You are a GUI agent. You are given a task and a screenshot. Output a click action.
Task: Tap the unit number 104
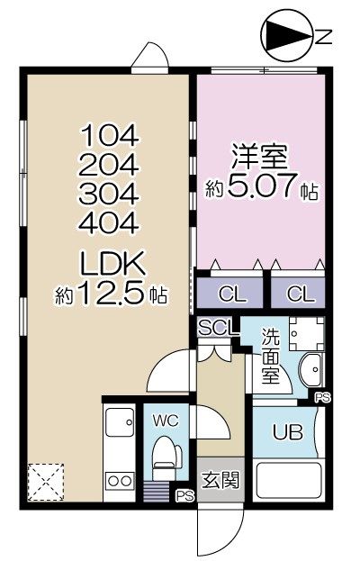pyautogui.click(x=111, y=137)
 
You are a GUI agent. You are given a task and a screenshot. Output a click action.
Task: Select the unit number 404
pyautogui.click(x=111, y=222)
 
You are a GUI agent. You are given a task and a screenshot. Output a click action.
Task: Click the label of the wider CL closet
pyautogui.click(x=229, y=294)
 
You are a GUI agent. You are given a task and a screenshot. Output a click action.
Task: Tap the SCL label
pyautogui.click(x=218, y=328)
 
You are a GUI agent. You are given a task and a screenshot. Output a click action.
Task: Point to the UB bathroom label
pyautogui.click(x=287, y=430)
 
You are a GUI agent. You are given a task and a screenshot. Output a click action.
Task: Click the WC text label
pyautogui.click(x=165, y=420)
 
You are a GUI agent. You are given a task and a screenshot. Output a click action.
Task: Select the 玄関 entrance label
pyautogui.click(x=220, y=479)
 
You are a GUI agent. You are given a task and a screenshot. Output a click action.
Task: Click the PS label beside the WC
pyautogui.click(x=184, y=494)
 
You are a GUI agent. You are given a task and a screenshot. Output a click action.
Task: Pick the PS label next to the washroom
pyautogui.click(x=322, y=395)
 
